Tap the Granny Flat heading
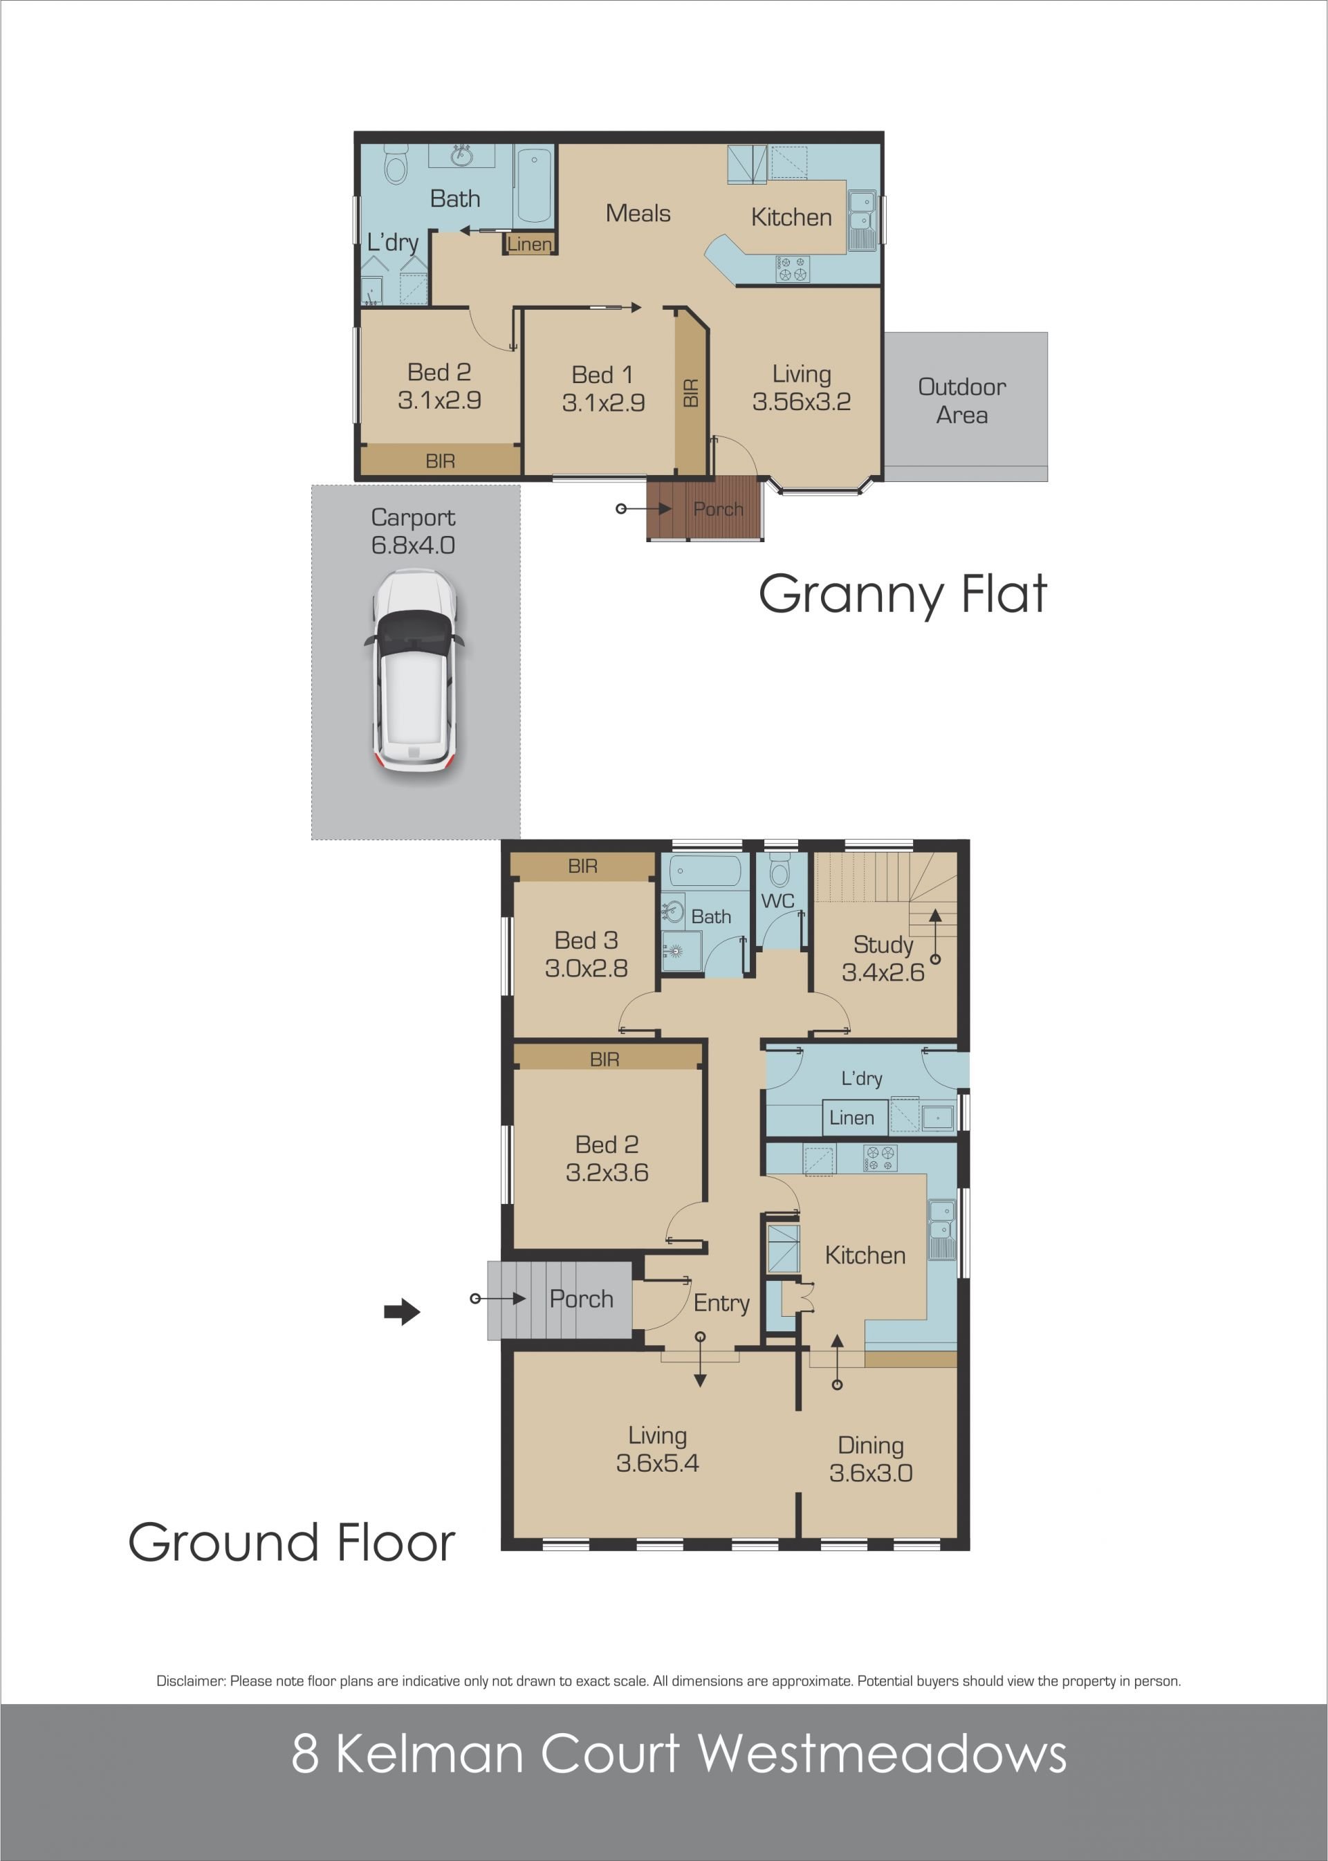(x=903, y=595)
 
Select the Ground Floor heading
(x=291, y=1543)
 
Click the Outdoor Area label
(x=961, y=400)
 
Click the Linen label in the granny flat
(x=529, y=243)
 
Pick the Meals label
(x=638, y=214)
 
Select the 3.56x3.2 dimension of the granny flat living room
(x=802, y=402)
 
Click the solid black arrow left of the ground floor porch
(x=401, y=1313)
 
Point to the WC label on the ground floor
(x=777, y=901)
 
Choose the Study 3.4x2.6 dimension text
(x=883, y=972)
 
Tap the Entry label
(x=721, y=1304)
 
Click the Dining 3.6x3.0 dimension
(x=871, y=1474)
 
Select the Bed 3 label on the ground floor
(x=587, y=941)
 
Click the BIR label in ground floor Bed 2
(x=605, y=1059)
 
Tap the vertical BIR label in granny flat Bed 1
(x=691, y=393)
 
